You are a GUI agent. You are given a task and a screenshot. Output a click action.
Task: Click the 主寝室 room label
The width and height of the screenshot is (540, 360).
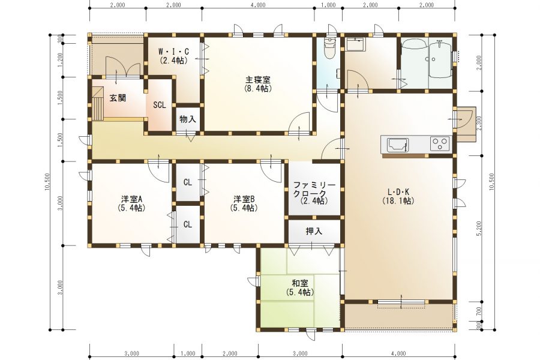coord(258,80)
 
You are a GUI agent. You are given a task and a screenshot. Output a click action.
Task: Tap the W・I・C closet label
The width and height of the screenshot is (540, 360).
coord(173,52)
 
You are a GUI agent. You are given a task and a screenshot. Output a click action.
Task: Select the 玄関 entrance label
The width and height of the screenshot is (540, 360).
coord(118,98)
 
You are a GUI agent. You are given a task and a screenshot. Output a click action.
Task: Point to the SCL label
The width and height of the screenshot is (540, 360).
coord(160,105)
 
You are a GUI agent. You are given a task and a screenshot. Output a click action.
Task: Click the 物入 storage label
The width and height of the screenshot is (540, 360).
coord(188,119)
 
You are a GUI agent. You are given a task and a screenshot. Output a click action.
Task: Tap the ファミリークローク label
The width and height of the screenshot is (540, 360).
coord(313,189)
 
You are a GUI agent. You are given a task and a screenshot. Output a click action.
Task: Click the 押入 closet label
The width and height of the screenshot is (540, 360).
coord(314,231)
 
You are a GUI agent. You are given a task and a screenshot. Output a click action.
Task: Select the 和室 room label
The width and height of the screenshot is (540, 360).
coord(300,284)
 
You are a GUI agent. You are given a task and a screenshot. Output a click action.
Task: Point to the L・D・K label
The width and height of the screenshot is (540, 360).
coord(398,192)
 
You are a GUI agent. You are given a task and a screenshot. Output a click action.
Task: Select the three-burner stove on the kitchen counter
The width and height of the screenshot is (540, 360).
coord(440,143)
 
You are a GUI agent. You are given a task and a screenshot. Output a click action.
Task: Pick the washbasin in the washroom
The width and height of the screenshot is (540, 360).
coord(355,45)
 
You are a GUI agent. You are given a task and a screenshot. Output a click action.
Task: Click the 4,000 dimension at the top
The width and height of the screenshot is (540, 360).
coord(258,5)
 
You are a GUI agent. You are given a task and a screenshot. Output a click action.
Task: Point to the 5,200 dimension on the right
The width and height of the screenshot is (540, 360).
coord(480,228)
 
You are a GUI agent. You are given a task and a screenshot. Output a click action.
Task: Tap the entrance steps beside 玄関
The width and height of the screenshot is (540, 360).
coord(97,103)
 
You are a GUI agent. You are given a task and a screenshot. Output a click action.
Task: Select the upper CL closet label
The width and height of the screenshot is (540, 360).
coord(188,182)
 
